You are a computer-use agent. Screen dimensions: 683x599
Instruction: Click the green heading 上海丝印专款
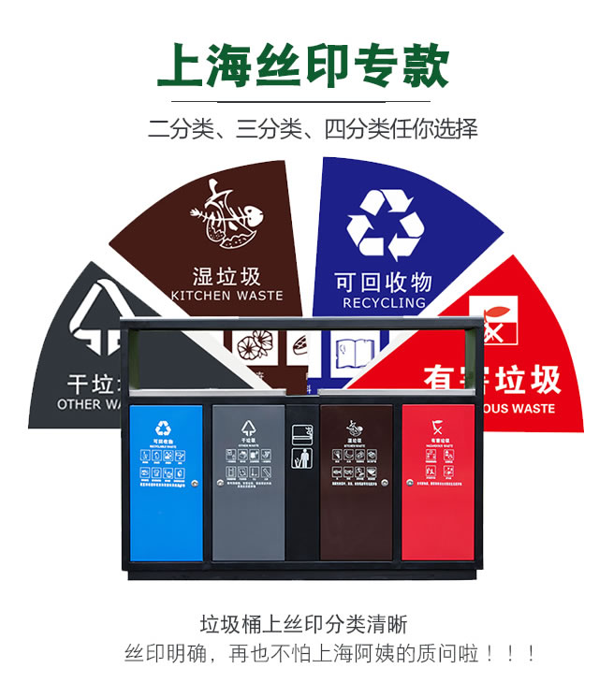[x=302, y=65]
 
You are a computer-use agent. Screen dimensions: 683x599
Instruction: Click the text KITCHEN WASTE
[x=226, y=296]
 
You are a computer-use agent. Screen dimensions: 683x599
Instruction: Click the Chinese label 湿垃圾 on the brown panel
[x=226, y=276]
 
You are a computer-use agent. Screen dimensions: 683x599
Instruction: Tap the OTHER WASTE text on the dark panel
[x=91, y=404]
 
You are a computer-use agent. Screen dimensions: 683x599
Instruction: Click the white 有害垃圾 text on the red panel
[x=492, y=379]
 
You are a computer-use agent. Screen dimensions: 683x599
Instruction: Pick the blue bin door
[x=166, y=483]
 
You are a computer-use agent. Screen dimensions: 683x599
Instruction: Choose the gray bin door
[x=248, y=483]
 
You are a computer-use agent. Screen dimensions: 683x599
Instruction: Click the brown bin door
[x=357, y=483]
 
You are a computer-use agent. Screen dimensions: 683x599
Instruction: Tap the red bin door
[x=439, y=483]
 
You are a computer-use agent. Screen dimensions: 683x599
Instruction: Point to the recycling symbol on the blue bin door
[x=165, y=429]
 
